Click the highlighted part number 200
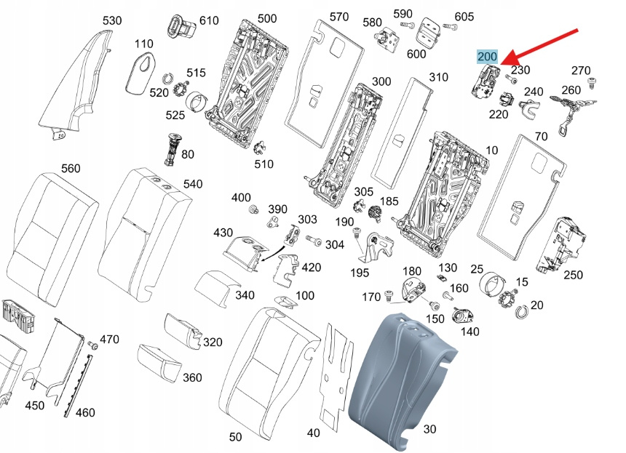pyautogui.click(x=486, y=57)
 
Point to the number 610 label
pyautogui.click(x=209, y=20)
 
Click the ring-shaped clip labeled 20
pyautogui.click(x=521, y=312)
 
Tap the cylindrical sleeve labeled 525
pyautogui.click(x=197, y=100)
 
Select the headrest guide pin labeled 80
pyautogui.click(x=173, y=148)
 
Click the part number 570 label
pyautogui.click(x=339, y=17)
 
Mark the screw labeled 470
pyautogui.click(x=92, y=345)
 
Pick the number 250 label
pyautogui.click(x=574, y=275)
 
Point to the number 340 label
pyautogui.click(x=245, y=294)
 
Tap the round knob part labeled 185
pyautogui.click(x=376, y=213)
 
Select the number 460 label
pyautogui.click(x=85, y=413)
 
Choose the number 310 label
pyautogui.click(x=438, y=77)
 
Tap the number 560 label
pyautogui.click(x=71, y=168)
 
